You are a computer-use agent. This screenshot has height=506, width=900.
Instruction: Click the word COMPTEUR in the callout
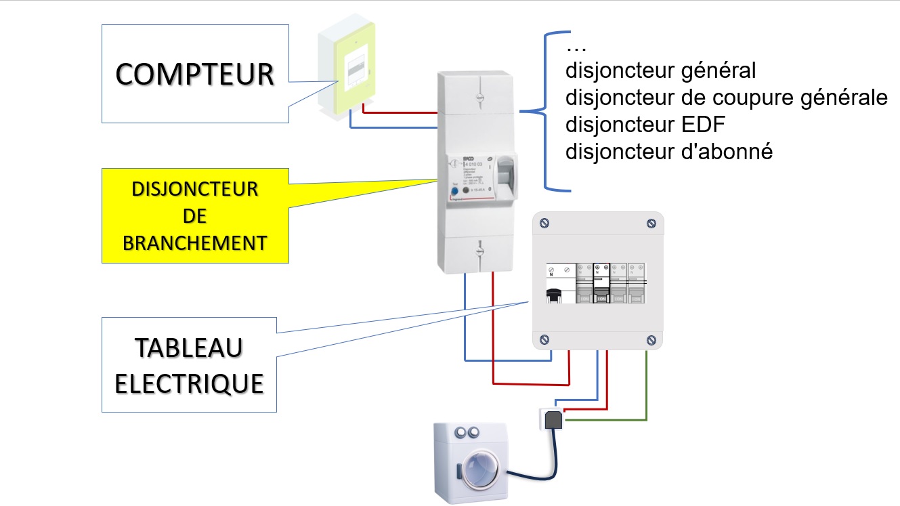point(194,74)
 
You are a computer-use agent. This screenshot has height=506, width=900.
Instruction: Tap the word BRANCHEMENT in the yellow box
point(194,243)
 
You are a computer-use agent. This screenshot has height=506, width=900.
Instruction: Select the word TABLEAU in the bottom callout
point(189,348)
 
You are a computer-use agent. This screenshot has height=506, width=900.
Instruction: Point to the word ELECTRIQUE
point(189,383)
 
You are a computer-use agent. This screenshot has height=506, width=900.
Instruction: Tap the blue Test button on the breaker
point(454,192)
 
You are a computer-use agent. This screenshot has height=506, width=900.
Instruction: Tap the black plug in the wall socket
point(553,420)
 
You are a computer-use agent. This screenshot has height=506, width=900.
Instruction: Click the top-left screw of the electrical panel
point(544,223)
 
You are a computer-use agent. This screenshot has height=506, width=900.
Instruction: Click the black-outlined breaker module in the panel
point(601,282)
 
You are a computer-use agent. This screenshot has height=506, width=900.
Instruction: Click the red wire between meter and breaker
point(400,111)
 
